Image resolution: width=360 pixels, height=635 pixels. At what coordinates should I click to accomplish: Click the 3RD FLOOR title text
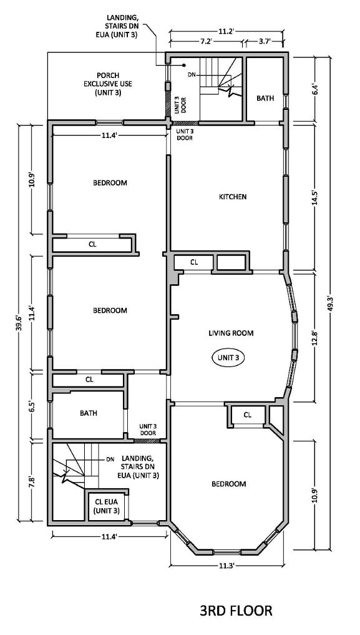[236, 610]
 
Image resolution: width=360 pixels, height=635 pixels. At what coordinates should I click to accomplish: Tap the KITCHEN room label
[233, 197]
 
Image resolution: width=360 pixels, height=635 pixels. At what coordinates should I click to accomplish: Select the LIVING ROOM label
[231, 333]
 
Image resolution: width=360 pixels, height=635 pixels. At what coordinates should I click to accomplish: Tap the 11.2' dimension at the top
[226, 31]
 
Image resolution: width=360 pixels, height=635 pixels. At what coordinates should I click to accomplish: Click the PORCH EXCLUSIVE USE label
[108, 84]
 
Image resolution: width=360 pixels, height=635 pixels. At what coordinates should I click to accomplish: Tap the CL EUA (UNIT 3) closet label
[107, 506]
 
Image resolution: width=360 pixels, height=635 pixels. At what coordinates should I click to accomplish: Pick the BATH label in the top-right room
[265, 98]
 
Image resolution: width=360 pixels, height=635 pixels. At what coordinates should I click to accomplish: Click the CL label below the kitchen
[194, 262]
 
